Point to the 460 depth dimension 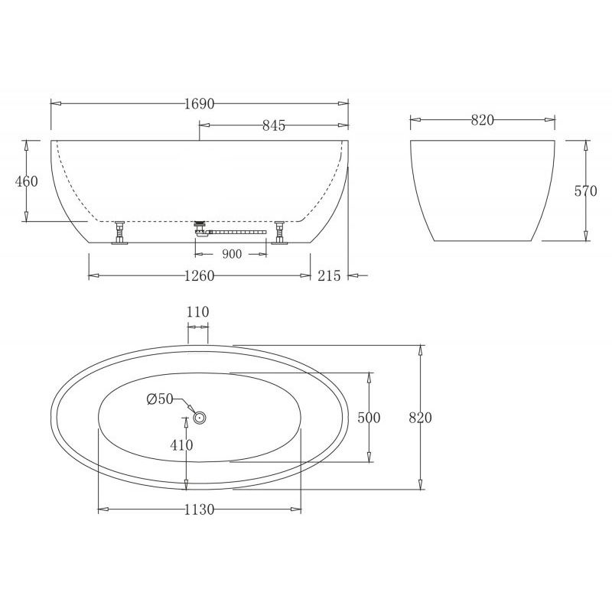pos(26,181)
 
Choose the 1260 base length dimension pos(198,276)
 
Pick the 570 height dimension pos(585,191)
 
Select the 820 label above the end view pos(482,119)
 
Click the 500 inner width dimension pos(369,418)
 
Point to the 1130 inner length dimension pos(199,509)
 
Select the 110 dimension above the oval pos(198,311)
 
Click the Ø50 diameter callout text pos(161,399)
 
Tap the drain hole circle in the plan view pos(200,417)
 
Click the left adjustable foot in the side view pos(120,233)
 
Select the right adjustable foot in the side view pos(279,233)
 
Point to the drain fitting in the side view pos(200,227)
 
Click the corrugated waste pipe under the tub pos(237,229)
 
